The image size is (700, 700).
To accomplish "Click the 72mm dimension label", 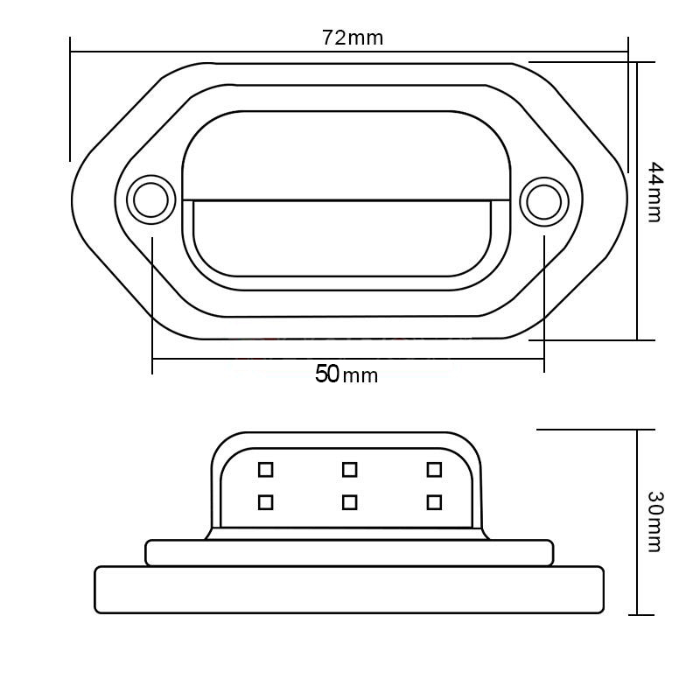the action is [353, 38].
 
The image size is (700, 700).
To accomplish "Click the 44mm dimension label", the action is [655, 192].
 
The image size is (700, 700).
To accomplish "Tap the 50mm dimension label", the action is [346, 374].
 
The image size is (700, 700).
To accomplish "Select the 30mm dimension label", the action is [655, 521].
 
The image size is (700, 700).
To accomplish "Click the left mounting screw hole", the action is [150, 199].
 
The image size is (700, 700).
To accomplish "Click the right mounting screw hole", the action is [543, 202].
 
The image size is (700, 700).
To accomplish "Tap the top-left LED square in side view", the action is [266, 470].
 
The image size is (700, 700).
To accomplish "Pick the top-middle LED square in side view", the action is [349, 470].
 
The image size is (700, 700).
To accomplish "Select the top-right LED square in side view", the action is [434, 470].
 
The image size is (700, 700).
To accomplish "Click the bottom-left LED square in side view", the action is [266, 502].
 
